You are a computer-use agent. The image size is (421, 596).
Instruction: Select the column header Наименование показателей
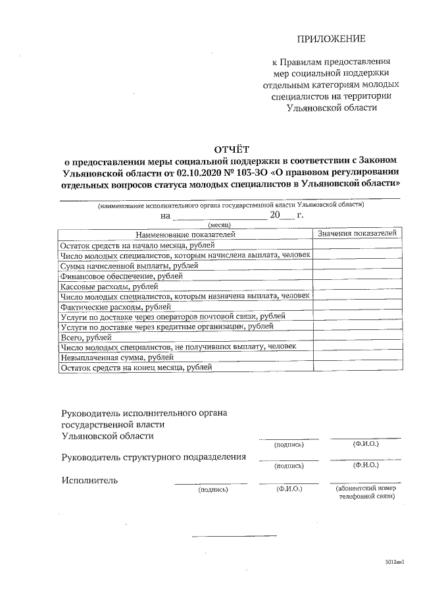click(x=185, y=234)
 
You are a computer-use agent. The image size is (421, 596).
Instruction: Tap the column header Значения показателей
click(x=357, y=234)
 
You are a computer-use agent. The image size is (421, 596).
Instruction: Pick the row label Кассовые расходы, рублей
click(x=109, y=286)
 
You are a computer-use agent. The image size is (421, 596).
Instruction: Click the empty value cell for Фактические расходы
click(x=357, y=307)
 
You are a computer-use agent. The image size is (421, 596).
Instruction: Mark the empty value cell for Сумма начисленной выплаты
click(x=357, y=265)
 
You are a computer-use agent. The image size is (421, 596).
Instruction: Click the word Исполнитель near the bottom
click(x=89, y=480)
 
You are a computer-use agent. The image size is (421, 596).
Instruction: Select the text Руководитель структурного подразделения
click(x=154, y=457)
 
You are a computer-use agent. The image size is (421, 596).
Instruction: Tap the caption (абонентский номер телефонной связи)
click(x=366, y=493)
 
